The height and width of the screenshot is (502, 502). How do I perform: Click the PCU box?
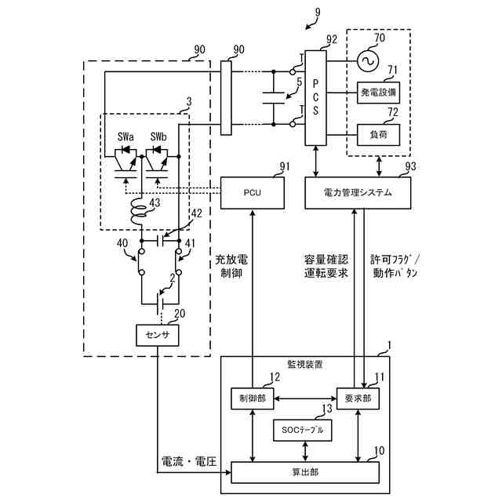click(251, 192)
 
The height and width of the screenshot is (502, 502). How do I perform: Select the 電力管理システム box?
click(357, 192)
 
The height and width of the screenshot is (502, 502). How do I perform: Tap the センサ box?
click(158, 335)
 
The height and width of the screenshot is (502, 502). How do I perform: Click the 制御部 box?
click(253, 398)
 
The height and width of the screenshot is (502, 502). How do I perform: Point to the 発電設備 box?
click(379, 93)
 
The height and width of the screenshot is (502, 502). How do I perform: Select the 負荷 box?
click(379, 134)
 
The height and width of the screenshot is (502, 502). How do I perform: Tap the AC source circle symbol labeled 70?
click(366, 60)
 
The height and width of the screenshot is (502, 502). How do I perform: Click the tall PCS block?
click(315, 97)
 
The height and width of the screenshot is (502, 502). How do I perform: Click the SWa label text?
click(125, 136)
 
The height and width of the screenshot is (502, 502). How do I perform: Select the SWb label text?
click(158, 136)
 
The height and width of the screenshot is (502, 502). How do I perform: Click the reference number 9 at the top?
click(317, 12)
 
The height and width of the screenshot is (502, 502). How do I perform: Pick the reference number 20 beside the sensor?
click(180, 314)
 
